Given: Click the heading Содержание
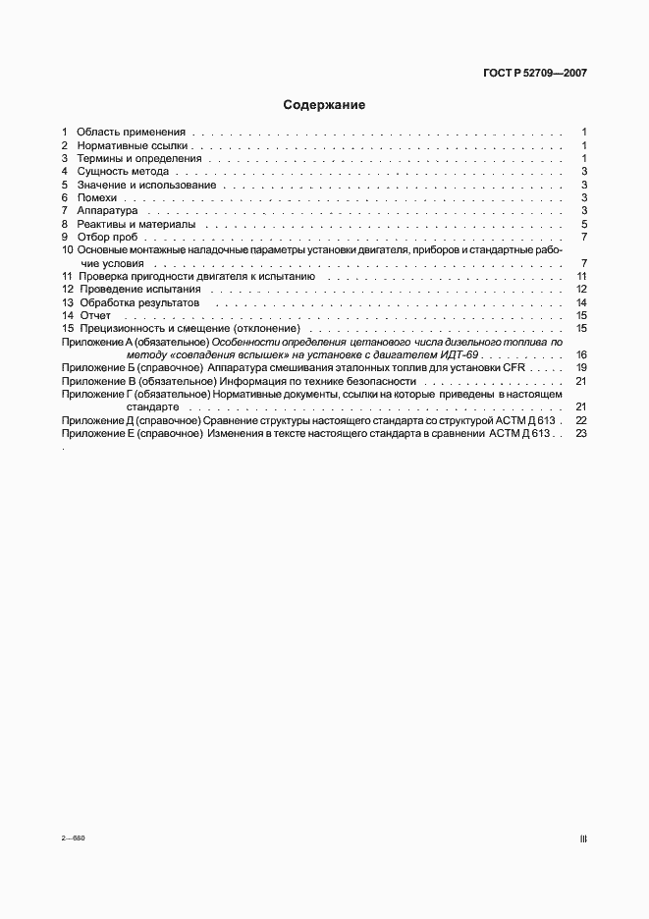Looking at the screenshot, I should [x=324, y=105].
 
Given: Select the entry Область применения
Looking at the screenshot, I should [x=131, y=132].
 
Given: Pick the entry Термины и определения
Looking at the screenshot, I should [x=138, y=158].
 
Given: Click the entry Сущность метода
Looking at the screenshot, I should [x=123, y=172].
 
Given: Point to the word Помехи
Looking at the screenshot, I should [x=96, y=197].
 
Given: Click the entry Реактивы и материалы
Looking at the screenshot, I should [x=135, y=224].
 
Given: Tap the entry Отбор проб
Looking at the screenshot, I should [x=108, y=237].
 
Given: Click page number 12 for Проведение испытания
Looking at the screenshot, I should [x=581, y=290].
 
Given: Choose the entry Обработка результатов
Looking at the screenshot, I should [x=137, y=303].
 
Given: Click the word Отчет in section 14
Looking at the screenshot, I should [x=94, y=316].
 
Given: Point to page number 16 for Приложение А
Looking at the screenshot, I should [x=581, y=354].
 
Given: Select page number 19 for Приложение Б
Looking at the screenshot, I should [x=581, y=367].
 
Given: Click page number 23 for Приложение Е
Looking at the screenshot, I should [x=581, y=433].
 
